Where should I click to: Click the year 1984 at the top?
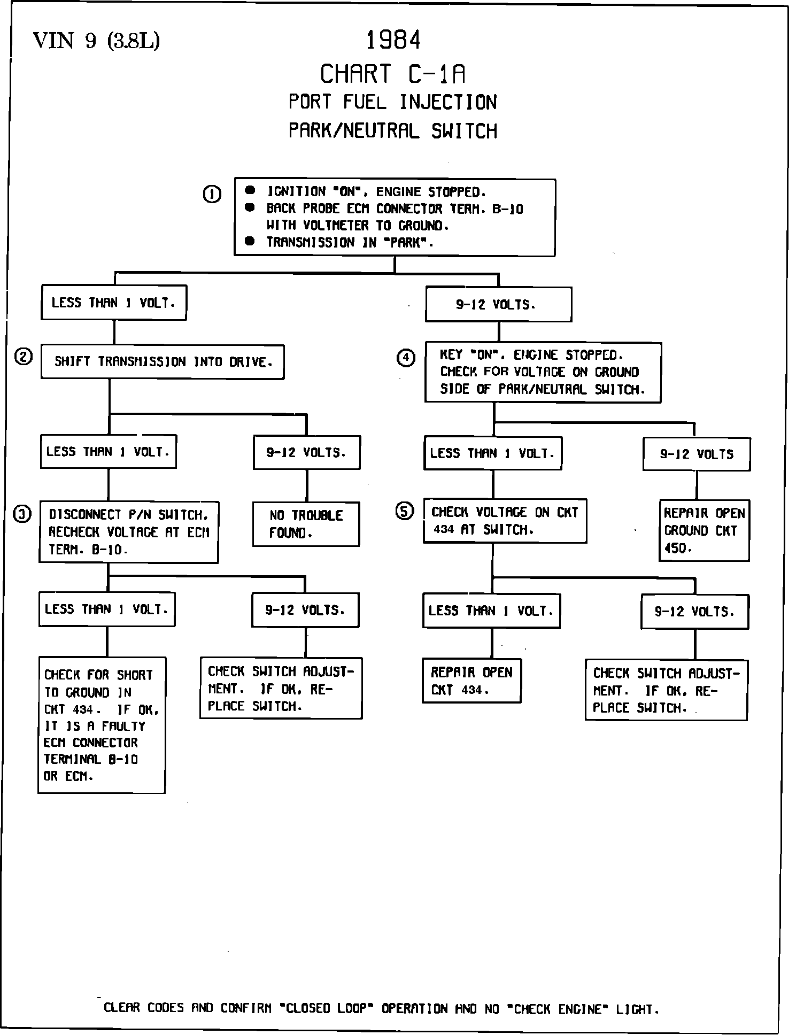[393, 41]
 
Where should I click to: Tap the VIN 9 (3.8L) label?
[96, 41]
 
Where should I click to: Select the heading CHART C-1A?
[393, 74]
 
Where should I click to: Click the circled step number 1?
[212, 194]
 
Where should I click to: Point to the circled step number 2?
[24, 357]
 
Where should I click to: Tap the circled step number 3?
[22, 514]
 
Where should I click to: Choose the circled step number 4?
[406, 357]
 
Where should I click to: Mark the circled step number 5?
[404, 512]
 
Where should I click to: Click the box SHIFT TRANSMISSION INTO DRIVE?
[163, 362]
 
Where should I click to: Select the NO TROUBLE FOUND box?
[306, 524]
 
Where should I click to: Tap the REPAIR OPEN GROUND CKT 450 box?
[704, 530]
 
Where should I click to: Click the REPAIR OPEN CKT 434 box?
[471, 681]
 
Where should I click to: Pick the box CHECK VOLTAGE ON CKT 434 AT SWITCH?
[505, 521]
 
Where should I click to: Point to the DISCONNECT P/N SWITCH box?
[129, 532]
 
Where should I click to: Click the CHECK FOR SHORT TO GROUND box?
[102, 725]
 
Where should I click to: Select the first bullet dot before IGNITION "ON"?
[250, 190]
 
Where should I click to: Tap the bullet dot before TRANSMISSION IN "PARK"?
[250, 241]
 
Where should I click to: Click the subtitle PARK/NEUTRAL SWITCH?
[393, 131]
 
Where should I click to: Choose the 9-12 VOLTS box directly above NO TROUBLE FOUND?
[306, 453]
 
